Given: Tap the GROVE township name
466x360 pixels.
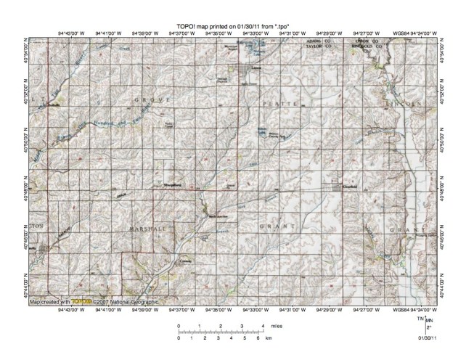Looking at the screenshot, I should (x=155, y=98).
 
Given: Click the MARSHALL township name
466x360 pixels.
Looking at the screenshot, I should (x=148, y=228).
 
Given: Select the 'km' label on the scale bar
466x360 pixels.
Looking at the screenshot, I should (x=269, y=338).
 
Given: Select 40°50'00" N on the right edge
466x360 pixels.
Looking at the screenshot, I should (x=451, y=135).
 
